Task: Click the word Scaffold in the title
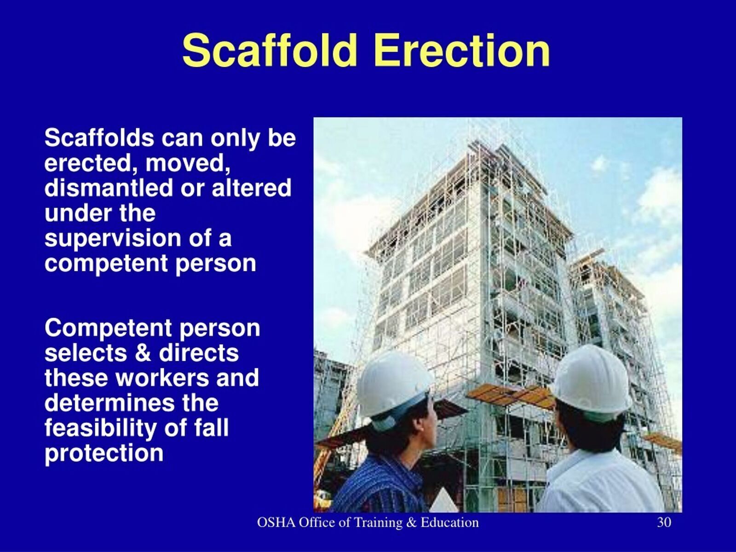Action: [x=269, y=51]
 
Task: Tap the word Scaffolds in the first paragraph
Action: [x=99, y=138]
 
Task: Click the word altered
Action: [x=252, y=188]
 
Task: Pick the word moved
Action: [x=188, y=164]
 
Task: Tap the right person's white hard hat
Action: [x=592, y=381]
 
